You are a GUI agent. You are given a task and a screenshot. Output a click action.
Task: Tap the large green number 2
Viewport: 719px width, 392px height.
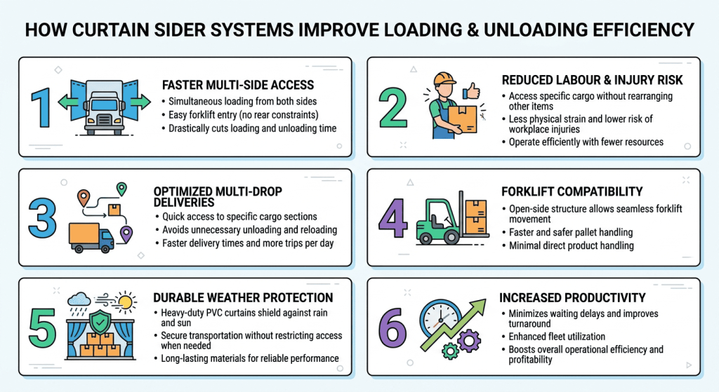point(393,107)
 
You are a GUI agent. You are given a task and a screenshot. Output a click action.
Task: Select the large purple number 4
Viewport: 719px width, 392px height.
point(393,218)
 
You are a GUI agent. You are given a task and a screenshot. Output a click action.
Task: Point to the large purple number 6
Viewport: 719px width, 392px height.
point(393,327)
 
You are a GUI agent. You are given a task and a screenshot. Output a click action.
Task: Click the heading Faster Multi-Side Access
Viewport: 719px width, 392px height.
point(238,85)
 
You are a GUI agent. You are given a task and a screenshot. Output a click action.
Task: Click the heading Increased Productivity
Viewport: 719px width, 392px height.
point(572,298)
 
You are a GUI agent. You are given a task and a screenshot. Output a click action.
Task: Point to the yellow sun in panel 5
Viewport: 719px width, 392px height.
point(126,302)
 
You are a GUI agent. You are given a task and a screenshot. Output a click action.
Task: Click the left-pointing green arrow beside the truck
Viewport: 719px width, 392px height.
point(65,102)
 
